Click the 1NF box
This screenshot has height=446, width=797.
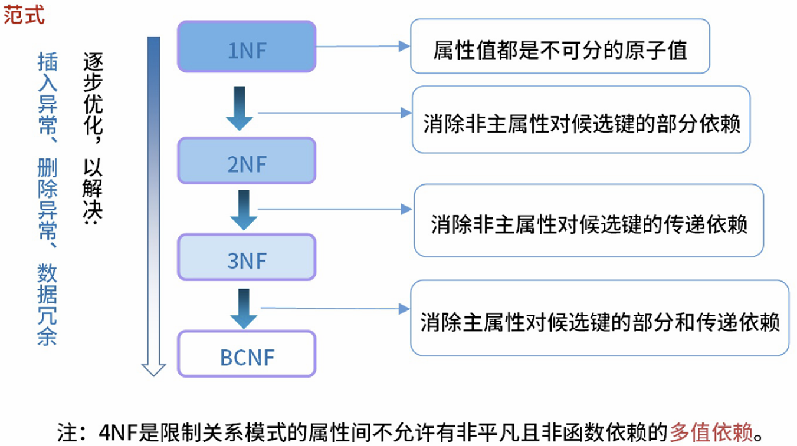(247, 47)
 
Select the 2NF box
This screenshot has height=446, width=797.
(247, 161)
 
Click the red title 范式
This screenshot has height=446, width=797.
(24, 15)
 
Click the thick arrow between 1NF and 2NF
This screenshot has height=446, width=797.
(240, 108)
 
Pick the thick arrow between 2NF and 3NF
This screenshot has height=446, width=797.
(244, 209)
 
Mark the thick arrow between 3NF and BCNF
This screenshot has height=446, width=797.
(244, 308)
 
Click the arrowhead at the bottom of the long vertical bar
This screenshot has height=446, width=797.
(153, 369)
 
